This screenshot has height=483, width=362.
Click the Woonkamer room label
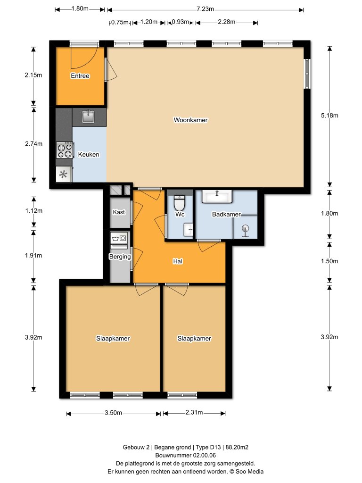point(190,120)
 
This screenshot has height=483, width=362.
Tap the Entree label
point(80,76)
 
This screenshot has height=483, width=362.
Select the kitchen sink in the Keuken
point(88,116)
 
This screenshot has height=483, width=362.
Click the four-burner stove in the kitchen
point(65,150)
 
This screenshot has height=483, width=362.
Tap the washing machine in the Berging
point(119,238)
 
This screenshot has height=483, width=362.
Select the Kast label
point(119,213)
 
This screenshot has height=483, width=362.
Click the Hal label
point(178,260)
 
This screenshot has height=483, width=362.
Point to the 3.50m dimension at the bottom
point(113,413)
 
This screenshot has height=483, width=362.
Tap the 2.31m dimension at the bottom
point(193,413)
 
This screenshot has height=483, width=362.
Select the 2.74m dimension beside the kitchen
point(33,144)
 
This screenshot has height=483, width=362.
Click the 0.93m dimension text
point(180,22)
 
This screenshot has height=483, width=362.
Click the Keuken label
point(89,154)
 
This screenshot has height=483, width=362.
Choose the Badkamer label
point(226,214)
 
